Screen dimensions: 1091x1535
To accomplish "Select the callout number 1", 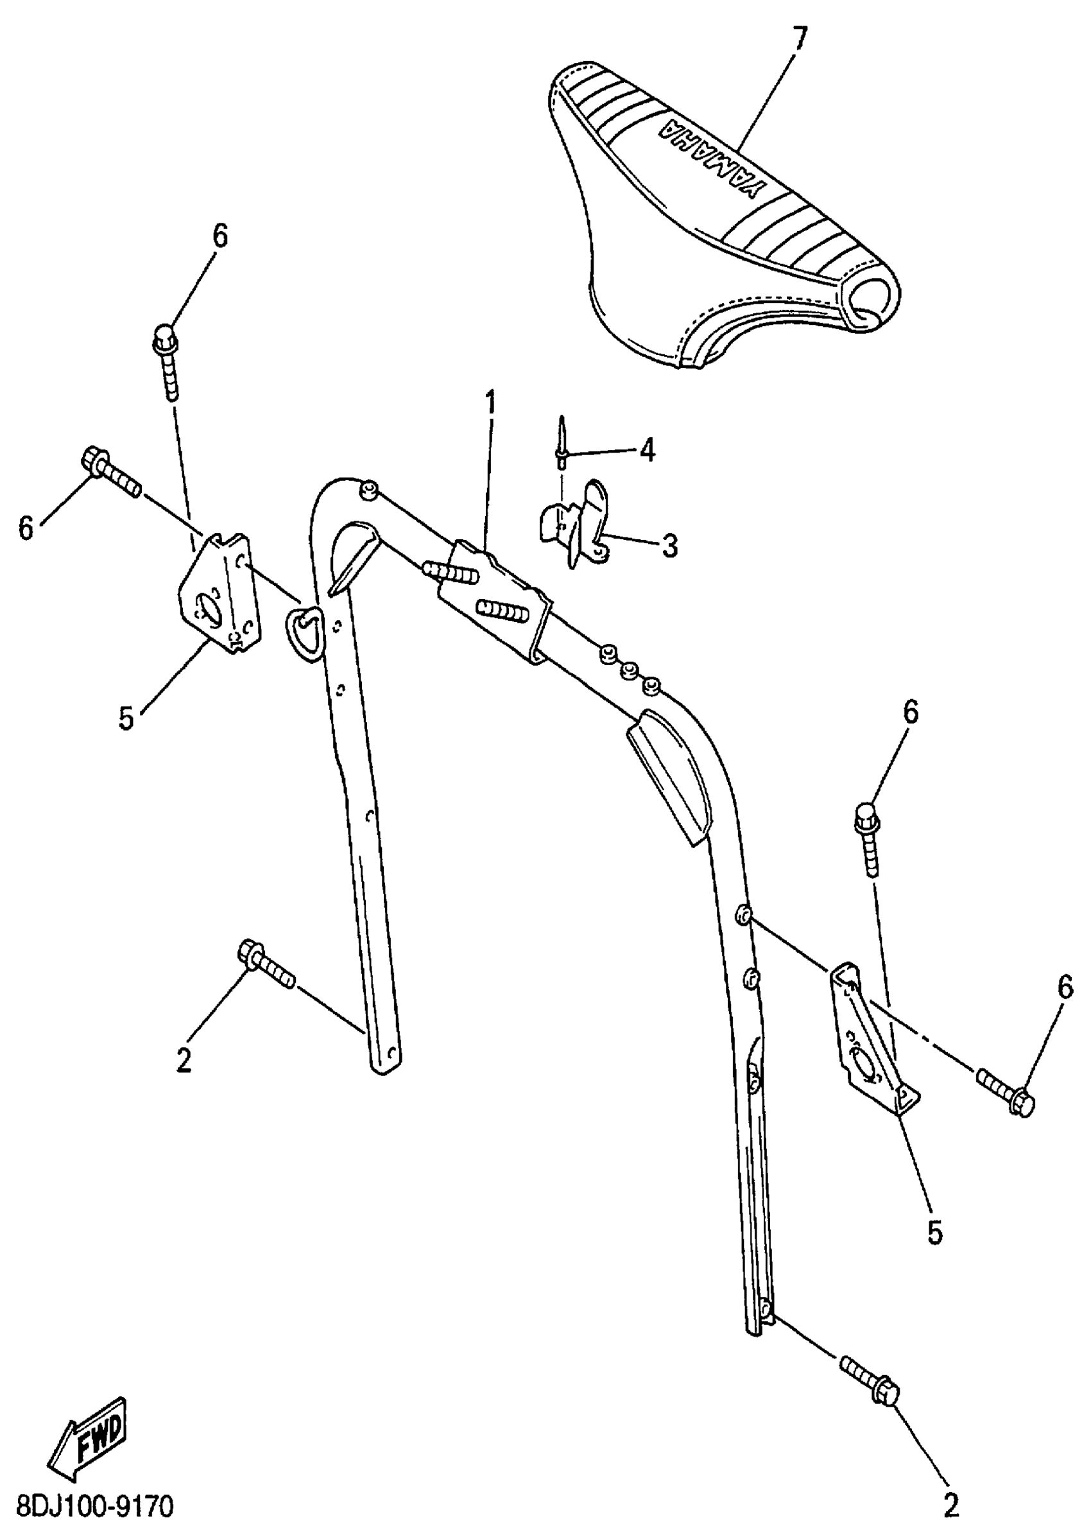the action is [x=491, y=404].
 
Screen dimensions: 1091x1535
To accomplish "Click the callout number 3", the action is [x=669, y=546].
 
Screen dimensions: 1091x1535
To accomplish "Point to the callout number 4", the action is [x=646, y=451].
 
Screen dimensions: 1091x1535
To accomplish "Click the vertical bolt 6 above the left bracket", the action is [x=168, y=363].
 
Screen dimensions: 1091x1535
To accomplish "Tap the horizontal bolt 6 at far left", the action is [x=111, y=471].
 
